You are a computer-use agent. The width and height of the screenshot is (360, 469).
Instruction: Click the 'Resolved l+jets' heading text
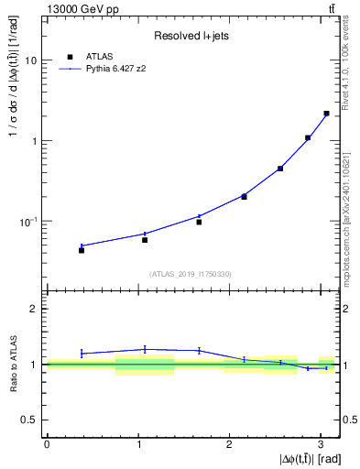[191, 36]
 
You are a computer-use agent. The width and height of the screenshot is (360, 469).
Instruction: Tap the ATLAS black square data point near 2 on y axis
[326, 114]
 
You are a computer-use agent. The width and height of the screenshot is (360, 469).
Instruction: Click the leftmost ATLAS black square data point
[82, 250]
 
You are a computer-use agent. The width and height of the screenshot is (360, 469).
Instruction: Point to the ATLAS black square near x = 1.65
[199, 222]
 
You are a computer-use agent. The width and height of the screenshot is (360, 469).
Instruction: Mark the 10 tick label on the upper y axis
[30, 60]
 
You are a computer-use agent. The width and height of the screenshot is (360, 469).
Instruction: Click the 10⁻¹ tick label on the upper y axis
[27, 222]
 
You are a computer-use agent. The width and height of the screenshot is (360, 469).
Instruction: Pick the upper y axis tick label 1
[34, 141]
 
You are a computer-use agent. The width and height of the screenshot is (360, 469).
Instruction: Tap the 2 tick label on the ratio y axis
[34, 309]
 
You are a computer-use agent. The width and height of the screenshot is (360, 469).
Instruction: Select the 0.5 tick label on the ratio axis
[30, 420]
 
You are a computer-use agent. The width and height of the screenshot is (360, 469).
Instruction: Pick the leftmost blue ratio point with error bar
[82, 353]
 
